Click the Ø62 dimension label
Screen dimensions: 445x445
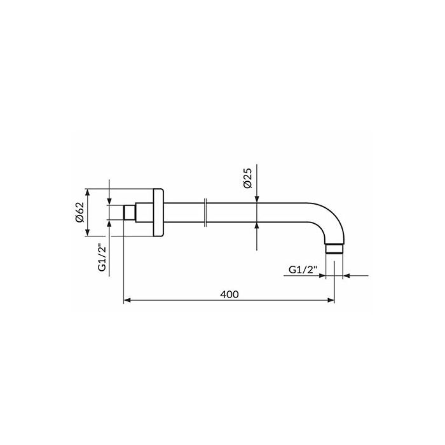pos(80,212)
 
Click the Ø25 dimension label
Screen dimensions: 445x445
pos(247,178)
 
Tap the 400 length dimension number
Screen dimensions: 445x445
pos(229,294)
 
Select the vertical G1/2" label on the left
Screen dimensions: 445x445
pos(102,257)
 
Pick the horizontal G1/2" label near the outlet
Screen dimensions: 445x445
pos(303,270)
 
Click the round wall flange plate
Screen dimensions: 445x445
pos(158,212)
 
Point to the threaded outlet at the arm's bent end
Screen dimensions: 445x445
pos(334,249)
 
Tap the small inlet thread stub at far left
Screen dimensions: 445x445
pos(129,212)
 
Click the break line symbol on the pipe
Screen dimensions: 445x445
pos(206,212)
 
